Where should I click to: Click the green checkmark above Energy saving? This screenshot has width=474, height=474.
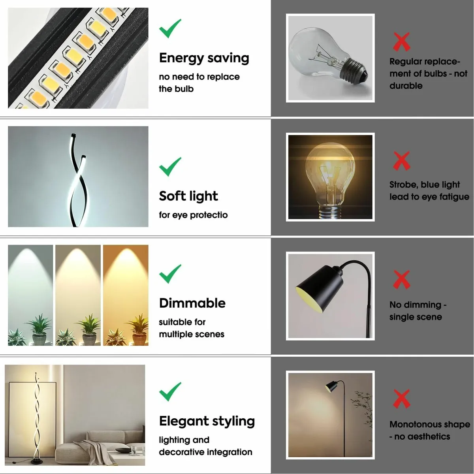click(x=170, y=28)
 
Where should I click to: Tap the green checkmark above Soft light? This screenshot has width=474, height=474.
click(x=170, y=167)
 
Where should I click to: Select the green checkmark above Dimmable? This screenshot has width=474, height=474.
click(x=170, y=274)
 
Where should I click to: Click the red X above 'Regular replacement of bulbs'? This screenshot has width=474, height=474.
click(x=401, y=42)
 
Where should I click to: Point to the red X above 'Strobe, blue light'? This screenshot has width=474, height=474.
click(x=401, y=161)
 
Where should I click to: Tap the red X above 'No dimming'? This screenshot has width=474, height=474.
click(x=401, y=280)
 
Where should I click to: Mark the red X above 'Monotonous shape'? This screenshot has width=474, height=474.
click(x=401, y=399)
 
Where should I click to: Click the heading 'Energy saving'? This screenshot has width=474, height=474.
click(x=204, y=58)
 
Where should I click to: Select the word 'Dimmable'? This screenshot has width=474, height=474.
click(x=192, y=303)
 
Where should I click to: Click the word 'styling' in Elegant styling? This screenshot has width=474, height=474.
click(x=233, y=421)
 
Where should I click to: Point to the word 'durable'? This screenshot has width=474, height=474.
click(x=406, y=86)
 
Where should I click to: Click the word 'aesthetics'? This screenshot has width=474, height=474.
click(x=429, y=436)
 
